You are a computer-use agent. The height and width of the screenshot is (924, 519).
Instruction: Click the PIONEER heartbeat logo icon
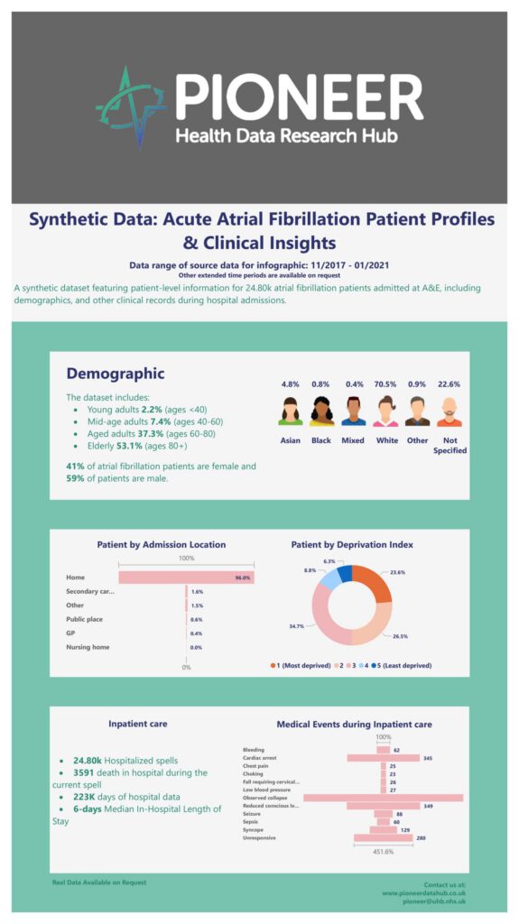point(131,106)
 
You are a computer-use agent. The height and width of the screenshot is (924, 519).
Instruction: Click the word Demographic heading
point(116,374)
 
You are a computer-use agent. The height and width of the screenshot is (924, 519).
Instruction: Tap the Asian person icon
point(291,411)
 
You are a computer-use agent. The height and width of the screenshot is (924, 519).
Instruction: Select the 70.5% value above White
point(385,383)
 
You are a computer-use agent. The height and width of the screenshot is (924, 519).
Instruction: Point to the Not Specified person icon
point(449,411)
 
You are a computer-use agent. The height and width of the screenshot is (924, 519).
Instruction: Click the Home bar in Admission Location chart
point(186,577)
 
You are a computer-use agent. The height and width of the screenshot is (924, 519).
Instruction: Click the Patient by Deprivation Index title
point(353,544)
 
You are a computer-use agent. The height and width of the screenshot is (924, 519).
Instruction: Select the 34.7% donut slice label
point(297,625)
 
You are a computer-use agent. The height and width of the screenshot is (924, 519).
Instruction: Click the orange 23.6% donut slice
point(374,584)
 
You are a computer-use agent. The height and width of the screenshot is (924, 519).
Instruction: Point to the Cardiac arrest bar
point(383,758)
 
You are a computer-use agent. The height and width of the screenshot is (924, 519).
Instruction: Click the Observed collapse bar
point(383,798)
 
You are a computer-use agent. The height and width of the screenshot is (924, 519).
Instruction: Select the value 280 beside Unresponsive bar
point(421,838)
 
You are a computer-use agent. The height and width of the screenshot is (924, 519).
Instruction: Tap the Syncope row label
point(255,829)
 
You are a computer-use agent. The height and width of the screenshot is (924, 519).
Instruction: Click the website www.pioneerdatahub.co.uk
point(423,892)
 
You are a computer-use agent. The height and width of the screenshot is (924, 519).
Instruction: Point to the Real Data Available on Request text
point(98,882)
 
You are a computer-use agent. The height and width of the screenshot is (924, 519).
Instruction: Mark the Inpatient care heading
point(137,724)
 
